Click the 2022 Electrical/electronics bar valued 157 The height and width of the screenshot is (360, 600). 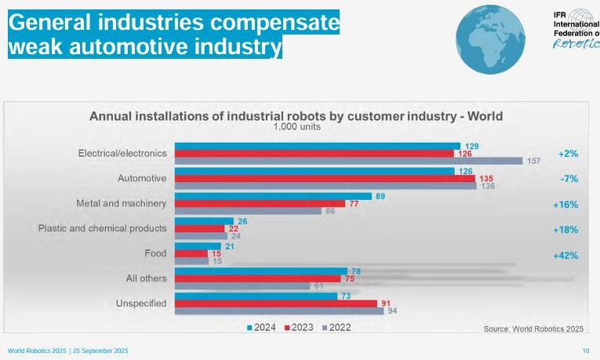coord(348,161)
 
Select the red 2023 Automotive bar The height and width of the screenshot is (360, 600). coord(325,178)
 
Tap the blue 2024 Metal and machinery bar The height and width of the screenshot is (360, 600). coord(273,196)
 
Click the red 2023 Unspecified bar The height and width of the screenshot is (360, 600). coord(275,304)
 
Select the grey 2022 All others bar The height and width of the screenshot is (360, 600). coord(242,285)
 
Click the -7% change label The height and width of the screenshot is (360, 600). coord(570,179)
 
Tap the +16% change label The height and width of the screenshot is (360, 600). coord(568,204)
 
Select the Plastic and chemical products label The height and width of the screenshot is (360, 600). coord(103,229)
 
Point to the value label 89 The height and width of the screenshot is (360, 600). coord(380,196)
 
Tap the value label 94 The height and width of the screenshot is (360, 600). coord(391,311)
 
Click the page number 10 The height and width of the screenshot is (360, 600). coord(585,350)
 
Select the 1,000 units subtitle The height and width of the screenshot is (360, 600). coord(296,127)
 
